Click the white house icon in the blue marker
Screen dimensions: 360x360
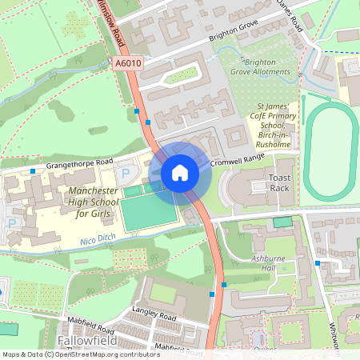tap(180, 173)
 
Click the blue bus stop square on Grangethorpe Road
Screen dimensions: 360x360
tap(32, 170)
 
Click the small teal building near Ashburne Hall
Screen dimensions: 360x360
tap(282, 222)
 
